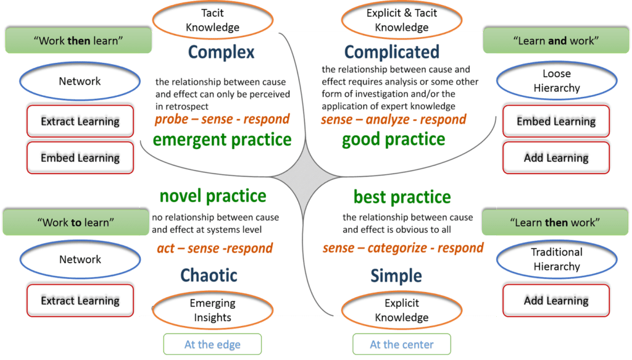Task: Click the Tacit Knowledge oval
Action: [x=212, y=20]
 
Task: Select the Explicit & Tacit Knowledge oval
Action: [x=402, y=20]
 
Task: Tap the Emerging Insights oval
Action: [x=212, y=311]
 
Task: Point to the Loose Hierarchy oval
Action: [x=556, y=81]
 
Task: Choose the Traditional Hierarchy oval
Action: [x=556, y=259]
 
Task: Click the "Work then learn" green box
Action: [x=78, y=41]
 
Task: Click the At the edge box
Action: [x=212, y=345]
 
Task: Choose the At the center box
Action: [x=402, y=345]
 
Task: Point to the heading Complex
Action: [x=221, y=52]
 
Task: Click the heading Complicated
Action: [x=392, y=52]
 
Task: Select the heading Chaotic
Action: [x=209, y=275]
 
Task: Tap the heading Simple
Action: [x=396, y=275]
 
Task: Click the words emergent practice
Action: [x=222, y=140]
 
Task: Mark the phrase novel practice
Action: [x=213, y=196]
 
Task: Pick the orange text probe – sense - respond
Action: [x=222, y=119]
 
